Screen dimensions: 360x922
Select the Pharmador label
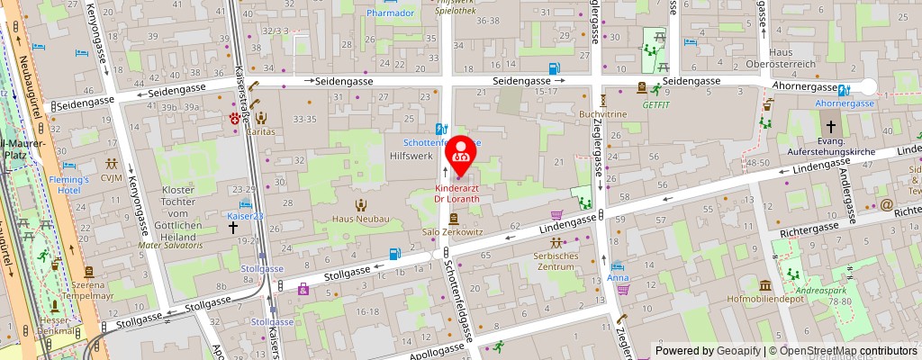pos(390,13)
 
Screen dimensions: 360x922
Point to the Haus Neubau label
pos(360,219)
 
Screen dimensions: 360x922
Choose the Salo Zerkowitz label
pos(455,231)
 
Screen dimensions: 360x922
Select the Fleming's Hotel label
pos(69,184)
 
